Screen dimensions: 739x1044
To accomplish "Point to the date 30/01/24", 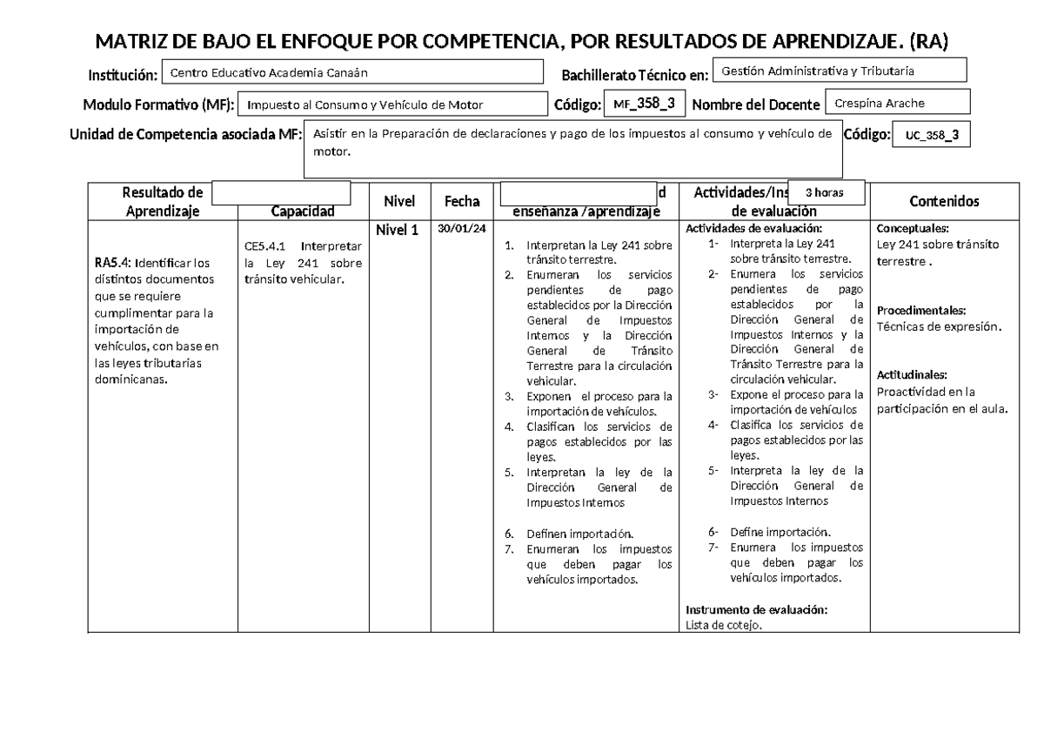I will tap(461, 229).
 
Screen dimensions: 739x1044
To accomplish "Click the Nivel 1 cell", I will tap(397, 231).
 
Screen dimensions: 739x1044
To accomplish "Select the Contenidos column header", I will tap(944, 201).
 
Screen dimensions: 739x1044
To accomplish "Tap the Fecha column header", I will tap(462, 201).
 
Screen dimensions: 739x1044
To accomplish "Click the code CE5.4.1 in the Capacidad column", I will tap(265, 245).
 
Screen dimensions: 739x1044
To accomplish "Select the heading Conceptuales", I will tap(913, 229).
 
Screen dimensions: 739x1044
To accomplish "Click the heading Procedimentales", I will tap(921, 311).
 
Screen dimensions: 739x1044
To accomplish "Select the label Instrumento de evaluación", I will tap(757, 609).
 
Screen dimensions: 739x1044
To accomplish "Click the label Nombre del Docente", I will tap(756, 105).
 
